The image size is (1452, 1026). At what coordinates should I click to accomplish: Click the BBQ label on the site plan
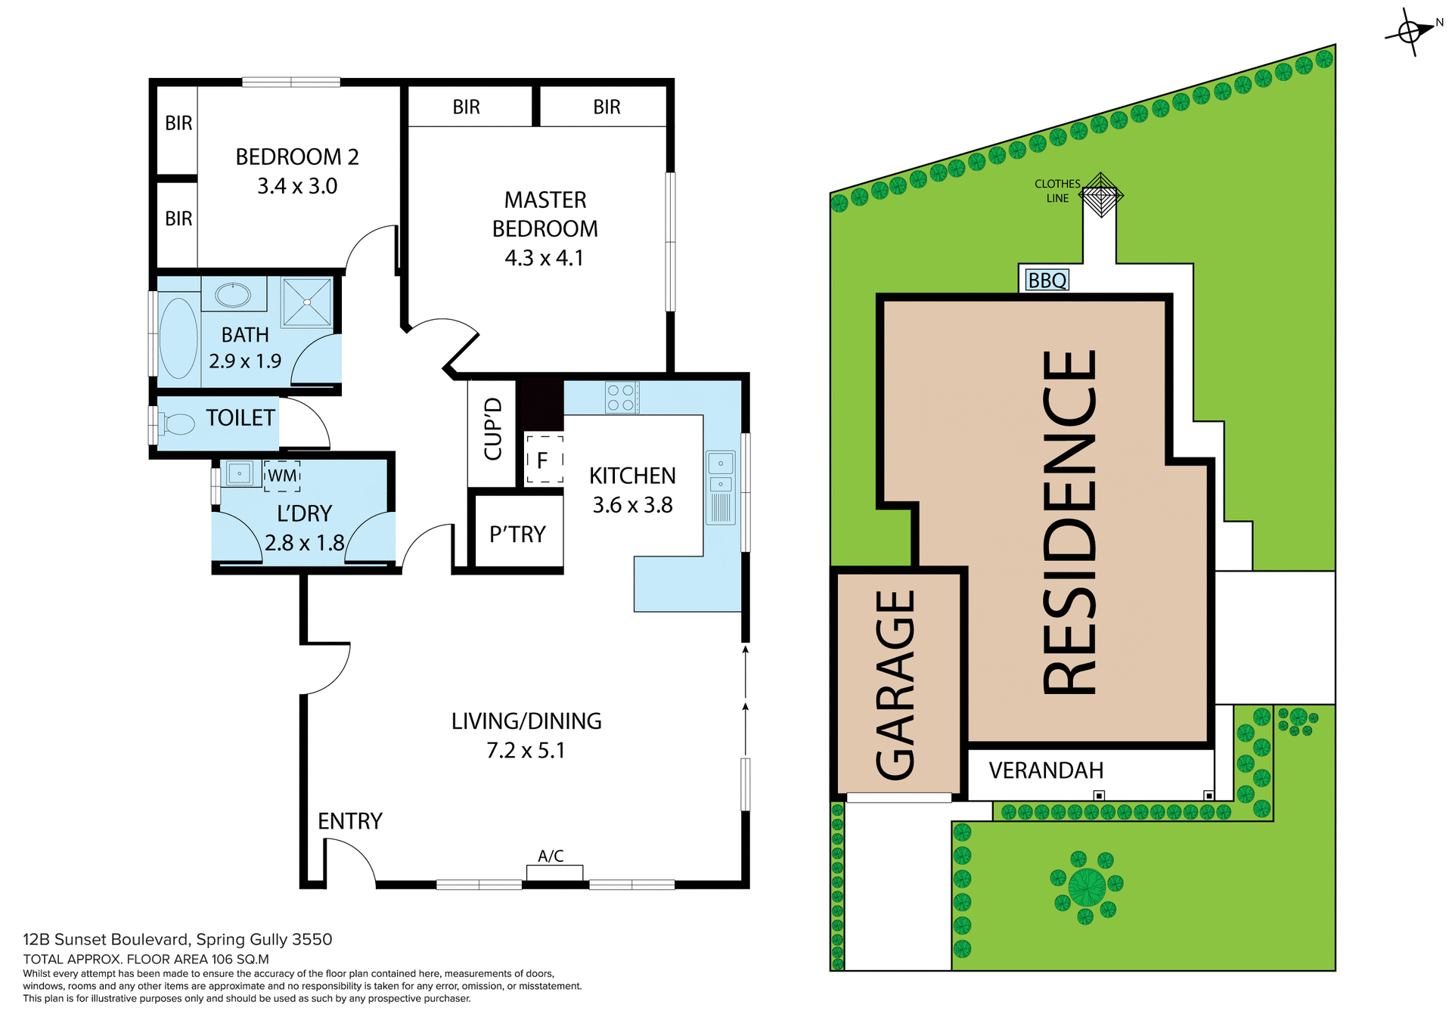[1047, 281]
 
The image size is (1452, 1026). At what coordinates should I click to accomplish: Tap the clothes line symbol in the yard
[1100, 195]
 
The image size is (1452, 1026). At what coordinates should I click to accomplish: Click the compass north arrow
[1411, 32]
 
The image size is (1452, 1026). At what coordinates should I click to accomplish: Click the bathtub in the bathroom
[178, 338]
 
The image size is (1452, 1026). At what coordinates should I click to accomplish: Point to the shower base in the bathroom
[307, 302]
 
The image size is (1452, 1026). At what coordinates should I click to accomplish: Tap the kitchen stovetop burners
[622, 398]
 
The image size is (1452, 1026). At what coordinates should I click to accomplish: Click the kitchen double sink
[721, 473]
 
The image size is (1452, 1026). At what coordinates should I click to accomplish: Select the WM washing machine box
[282, 476]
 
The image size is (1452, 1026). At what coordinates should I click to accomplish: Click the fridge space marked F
[543, 459]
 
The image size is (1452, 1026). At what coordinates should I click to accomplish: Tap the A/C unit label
[551, 856]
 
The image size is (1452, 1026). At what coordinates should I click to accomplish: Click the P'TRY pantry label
[517, 535]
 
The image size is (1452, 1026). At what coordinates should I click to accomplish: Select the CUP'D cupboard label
[493, 429]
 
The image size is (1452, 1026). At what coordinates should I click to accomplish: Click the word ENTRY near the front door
[349, 821]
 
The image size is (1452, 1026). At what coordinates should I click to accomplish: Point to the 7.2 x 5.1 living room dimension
[526, 751]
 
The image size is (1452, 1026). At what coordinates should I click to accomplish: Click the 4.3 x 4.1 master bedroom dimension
[544, 258]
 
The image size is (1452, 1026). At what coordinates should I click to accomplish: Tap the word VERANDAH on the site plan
[1046, 770]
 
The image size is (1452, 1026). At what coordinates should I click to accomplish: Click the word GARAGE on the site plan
[897, 684]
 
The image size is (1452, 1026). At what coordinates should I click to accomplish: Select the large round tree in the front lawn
[1087, 887]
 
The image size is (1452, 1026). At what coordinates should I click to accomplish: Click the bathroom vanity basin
[233, 294]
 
